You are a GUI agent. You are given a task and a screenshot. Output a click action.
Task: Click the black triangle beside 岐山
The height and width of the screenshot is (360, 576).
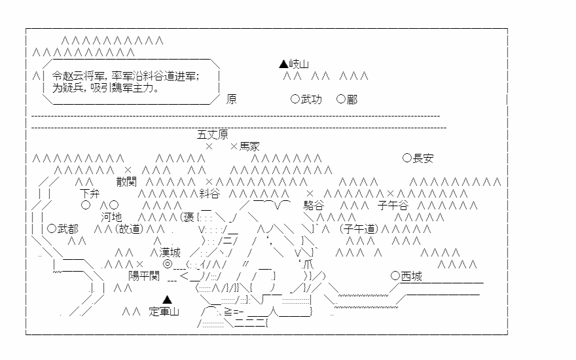283,64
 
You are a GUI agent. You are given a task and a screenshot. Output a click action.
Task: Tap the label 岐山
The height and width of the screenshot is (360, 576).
298,64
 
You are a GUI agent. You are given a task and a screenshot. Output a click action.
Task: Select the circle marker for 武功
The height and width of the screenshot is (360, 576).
295,99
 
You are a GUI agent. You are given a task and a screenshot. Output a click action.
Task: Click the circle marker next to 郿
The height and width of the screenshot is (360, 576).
341,99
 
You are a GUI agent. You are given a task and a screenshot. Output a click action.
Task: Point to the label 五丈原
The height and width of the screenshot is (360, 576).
212,134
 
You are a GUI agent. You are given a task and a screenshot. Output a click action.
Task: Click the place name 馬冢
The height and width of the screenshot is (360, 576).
249,147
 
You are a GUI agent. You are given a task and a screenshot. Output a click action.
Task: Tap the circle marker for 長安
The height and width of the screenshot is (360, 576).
406,158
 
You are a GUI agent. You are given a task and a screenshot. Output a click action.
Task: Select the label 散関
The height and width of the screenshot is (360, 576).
126,181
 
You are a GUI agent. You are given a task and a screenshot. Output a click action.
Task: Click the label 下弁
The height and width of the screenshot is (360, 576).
90,193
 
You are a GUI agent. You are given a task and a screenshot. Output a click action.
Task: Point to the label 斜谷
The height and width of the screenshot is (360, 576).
209,193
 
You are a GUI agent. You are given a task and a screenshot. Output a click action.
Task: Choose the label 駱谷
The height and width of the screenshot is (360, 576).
314,205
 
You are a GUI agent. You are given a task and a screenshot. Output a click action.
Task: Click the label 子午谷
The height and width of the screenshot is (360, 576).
393,205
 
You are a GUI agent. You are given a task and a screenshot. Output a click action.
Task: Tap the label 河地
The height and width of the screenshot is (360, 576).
111,217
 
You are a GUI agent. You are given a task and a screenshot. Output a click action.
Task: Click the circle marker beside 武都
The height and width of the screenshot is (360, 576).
52,228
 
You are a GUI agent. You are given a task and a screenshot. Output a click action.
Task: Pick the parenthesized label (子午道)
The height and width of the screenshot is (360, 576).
359,229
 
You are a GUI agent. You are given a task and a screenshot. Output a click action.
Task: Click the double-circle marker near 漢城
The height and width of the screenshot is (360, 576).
167,264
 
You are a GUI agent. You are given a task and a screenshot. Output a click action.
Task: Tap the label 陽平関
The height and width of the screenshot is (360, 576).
144,276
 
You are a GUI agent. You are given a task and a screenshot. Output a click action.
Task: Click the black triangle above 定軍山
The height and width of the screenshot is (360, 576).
167,300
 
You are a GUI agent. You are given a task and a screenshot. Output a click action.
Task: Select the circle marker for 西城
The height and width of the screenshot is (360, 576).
395,276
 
